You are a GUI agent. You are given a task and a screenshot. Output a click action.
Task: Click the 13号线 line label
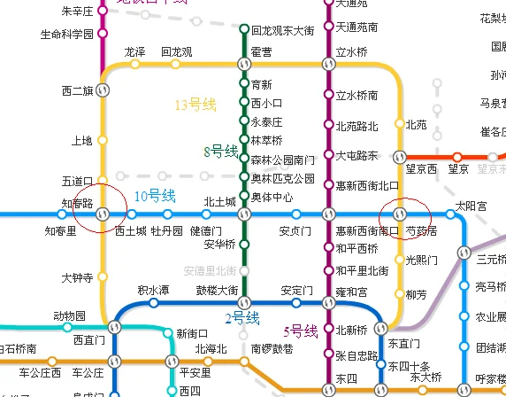195,105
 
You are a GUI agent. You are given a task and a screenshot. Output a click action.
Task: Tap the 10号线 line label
154,196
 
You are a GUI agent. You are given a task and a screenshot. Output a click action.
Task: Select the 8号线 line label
221,152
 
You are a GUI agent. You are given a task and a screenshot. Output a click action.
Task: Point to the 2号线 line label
241,318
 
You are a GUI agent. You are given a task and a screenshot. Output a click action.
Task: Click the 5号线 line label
300,331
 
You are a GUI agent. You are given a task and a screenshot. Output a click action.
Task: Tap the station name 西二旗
78,90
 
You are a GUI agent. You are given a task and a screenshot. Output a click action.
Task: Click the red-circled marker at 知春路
102,213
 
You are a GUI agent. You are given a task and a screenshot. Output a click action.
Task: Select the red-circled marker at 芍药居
400,214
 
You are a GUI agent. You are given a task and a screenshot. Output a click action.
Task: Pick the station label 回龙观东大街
282,30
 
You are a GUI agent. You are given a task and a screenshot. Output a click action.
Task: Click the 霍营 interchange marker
244,64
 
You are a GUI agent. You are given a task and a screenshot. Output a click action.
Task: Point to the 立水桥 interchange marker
329,64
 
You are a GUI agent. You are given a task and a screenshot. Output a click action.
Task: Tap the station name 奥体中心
272,196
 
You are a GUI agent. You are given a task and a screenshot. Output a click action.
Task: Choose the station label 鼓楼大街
217,291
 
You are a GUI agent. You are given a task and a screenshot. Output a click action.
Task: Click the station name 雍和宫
351,292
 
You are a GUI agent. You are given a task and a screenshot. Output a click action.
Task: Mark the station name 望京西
421,168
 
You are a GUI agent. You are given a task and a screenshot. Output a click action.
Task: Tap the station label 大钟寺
77,277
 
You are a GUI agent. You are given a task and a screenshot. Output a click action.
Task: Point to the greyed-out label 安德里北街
210,270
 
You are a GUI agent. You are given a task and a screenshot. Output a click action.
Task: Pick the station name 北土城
220,202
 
